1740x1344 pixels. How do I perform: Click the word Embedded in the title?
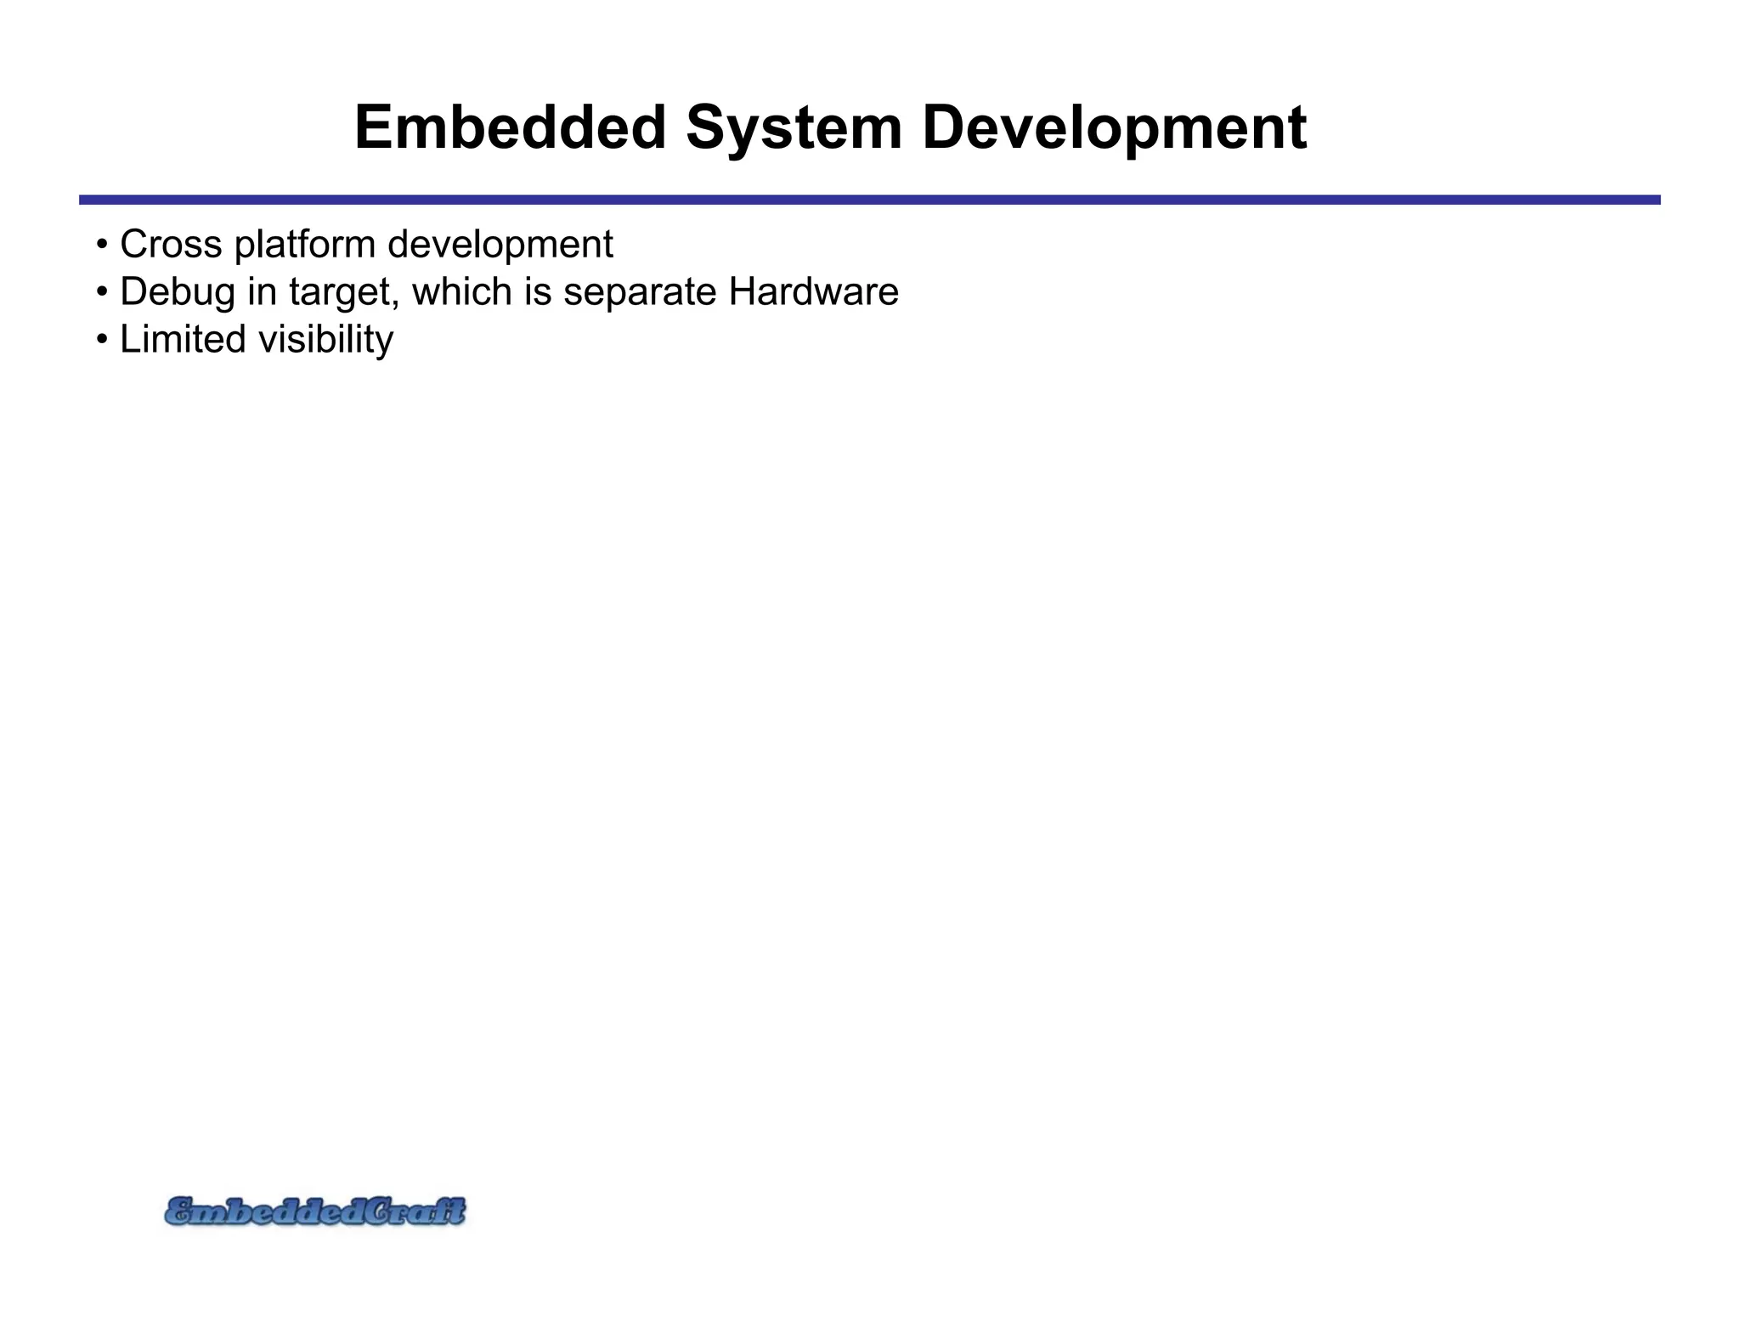tap(510, 127)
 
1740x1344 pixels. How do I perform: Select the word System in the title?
tap(794, 127)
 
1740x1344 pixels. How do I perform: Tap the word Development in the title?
tap(1114, 129)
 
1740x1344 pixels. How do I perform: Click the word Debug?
tap(177, 293)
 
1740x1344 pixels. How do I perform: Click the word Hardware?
tap(813, 291)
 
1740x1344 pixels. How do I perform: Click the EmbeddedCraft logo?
tap(314, 1211)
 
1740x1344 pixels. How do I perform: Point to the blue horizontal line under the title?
tap(869, 200)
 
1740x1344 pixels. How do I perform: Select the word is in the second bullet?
tap(537, 291)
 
